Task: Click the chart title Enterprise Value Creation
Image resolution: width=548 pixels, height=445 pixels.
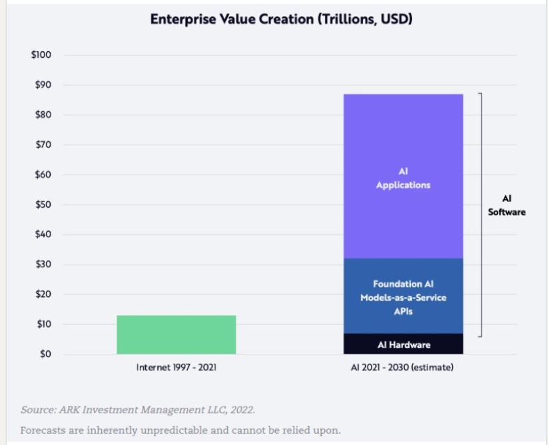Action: pyautogui.click(x=281, y=19)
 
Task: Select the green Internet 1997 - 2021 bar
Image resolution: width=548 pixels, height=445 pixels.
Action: pyautogui.click(x=176, y=334)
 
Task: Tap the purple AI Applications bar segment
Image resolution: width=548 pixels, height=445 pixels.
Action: pyautogui.click(x=403, y=177)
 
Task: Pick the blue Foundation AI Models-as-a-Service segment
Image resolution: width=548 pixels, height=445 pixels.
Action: pyautogui.click(x=403, y=296)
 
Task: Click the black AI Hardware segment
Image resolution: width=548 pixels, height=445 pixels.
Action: pyautogui.click(x=403, y=344)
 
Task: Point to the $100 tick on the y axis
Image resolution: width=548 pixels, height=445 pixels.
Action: pyautogui.click(x=41, y=55)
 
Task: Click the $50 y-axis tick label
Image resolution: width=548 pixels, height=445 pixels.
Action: pyautogui.click(x=43, y=205)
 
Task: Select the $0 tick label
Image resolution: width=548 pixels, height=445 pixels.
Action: pyautogui.click(x=45, y=354)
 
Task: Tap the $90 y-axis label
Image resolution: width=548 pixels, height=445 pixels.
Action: pyautogui.click(x=43, y=85)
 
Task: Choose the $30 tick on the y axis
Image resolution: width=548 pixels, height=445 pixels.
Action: pyautogui.click(x=43, y=264)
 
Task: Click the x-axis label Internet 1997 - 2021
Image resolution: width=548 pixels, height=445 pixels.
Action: pyautogui.click(x=176, y=367)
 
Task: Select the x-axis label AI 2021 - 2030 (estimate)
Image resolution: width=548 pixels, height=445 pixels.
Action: pyautogui.click(x=403, y=367)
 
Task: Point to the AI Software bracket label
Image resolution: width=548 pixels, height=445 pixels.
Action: pyautogui.click(x=507, y=205)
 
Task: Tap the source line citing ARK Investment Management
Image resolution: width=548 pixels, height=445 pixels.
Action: pyautogui.click(x=138, y=408)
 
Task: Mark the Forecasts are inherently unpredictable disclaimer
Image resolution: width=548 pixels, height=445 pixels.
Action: pyautogui.click(x=180, y=430)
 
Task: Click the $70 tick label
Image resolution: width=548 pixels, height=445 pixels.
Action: pyautogui.click(x=43, y=145)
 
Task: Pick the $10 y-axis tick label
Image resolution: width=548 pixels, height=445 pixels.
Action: pyautogui.click(x=43, y=324)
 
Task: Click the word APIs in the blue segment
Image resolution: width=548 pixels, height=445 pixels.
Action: pyautogui.click(x=403, y=310)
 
